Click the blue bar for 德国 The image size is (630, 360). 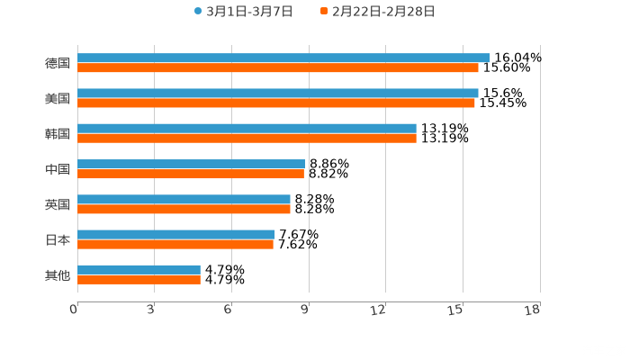[283, 58]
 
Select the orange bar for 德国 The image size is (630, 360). [278, 67]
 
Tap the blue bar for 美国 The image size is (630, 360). [278, 93]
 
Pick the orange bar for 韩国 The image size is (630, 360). [247, 139]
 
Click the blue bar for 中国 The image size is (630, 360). [192, 164]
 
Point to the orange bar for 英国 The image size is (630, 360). [184, 209]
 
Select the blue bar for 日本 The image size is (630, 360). [176, 234]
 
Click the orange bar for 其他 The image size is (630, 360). [139, 279]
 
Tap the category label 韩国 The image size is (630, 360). [58, 133]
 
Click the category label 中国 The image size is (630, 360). [58, 169]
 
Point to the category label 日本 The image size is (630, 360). [58, 239]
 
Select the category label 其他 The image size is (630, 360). [58, 274]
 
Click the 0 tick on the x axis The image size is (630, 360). [75, 310]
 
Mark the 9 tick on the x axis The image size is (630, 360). [306, 310]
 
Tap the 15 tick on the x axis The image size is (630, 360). [458, 310]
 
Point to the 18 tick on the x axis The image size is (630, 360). [534, 310]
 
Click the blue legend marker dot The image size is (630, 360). [198, 12]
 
